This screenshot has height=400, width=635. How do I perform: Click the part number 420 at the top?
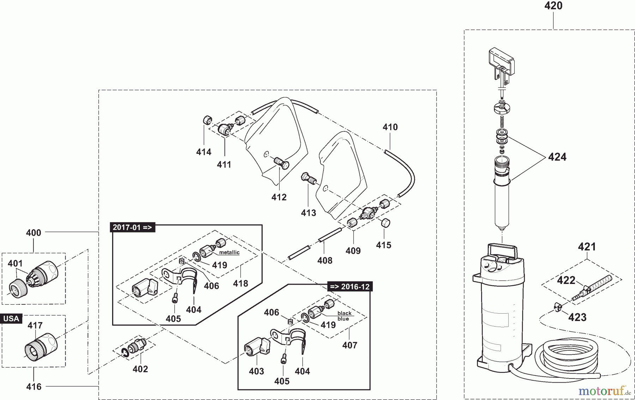point(553,6)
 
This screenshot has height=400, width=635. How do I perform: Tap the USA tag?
point(11,319)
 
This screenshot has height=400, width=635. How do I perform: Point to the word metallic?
point(229,253)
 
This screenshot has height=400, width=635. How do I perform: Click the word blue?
point(343,319)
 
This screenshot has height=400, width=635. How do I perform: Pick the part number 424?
point(557,157)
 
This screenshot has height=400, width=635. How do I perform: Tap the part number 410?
point(390,127)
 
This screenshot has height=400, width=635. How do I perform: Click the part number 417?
point(35,326)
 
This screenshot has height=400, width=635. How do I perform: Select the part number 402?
point(140,369)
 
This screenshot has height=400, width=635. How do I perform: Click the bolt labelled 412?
point(281,163)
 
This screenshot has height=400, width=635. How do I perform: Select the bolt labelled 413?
point(307,178)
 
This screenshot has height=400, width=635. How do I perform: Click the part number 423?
point(577,317)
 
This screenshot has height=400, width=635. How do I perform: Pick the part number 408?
point(325,261)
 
